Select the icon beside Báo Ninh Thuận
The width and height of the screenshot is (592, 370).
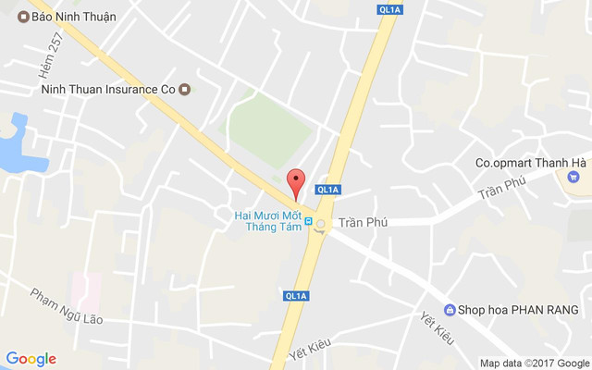pos(23,17)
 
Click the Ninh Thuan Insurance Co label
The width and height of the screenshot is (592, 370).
pos(108,90)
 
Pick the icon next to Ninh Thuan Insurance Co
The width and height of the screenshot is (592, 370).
pos(185,90)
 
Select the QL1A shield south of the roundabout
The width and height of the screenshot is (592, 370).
pos(296,296)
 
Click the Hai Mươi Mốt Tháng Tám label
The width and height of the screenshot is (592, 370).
pos(268,222)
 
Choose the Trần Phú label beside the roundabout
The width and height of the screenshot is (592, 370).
pos(363,223)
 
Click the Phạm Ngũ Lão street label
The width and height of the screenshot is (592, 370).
pos(66,306)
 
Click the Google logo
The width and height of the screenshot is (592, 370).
pos(31,359)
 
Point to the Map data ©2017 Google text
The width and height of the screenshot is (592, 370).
pos(535,363)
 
